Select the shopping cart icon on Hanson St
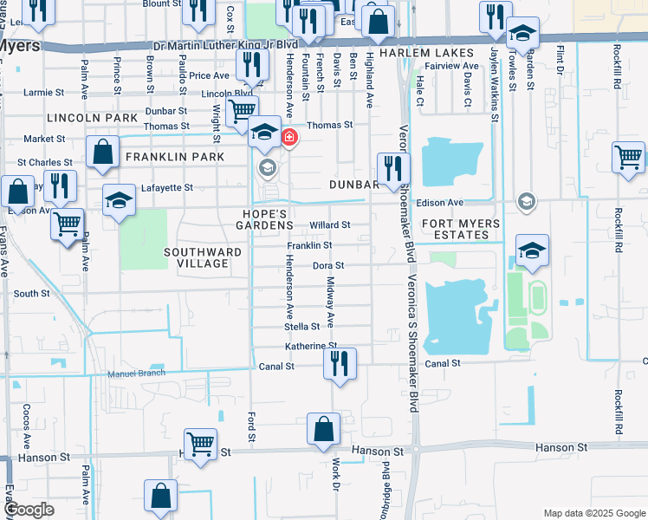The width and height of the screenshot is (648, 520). pyautogui.click(x=201, y=444)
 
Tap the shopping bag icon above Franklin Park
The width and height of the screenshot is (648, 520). pyautogui.click(x=102, y=152)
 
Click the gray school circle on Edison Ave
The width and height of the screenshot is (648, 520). pyautogui.click(x=525, y=202)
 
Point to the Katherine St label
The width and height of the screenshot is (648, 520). pyautogui.click(x=311, y=346)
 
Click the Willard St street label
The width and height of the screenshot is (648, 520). pyautogui.click(x=330, y=224)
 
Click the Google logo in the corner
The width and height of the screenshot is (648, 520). pyautogui.click(x=29, y=510)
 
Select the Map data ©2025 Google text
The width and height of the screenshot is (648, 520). pyautogui.click(x=593, y=513)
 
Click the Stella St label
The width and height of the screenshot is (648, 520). pyautogui.click(x=302, y=327)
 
